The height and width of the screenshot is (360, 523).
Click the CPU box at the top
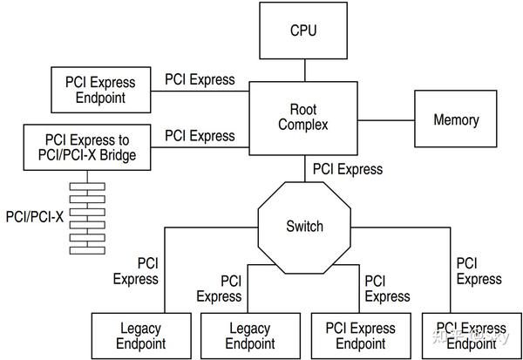click(x=303, y=31)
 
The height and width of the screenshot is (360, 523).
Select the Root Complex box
click(x=303, y=118)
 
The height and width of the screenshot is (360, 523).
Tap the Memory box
click(x=456, y=119)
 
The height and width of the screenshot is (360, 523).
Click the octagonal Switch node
click(x=304, y=227)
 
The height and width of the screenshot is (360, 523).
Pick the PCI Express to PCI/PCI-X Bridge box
click(x=86, y=148)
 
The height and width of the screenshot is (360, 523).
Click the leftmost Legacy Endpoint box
click(x=141, y=336)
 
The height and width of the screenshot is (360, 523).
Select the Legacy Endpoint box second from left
click(x=250, y=336)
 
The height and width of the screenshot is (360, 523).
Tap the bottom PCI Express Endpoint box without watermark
click(x=360, y=336)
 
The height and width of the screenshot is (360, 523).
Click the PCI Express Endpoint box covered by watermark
click(x=470, y=336)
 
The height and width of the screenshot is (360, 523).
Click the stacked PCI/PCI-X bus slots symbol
click(x=86, y=218)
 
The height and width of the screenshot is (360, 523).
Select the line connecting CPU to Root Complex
click(x=303, y=71)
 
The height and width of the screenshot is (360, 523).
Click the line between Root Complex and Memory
click(x=386, y=119)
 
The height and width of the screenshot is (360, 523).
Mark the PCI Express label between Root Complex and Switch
click(x=347, y=168)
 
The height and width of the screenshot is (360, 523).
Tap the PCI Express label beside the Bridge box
click(x=200, y=136)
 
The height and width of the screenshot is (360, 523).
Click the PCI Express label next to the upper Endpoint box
click(x=200, y=79)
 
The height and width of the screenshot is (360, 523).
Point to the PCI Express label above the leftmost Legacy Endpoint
click(x=136, y=270)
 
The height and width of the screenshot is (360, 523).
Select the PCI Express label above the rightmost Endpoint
click(x=479, y=270)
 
